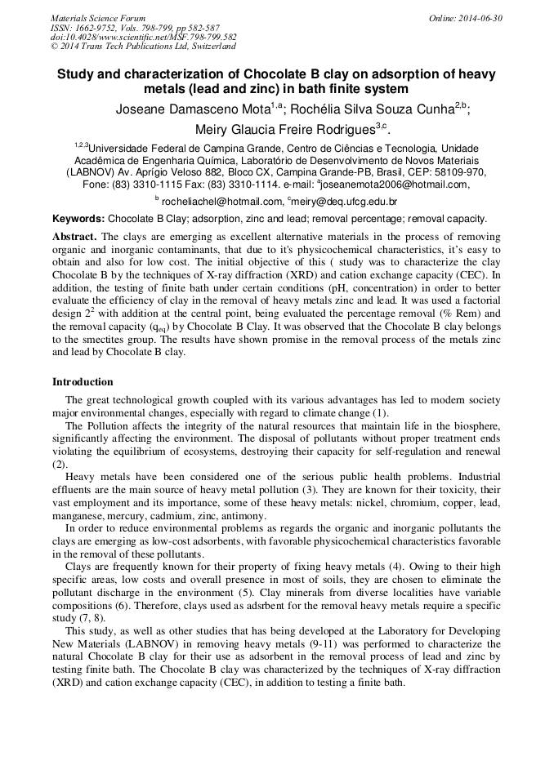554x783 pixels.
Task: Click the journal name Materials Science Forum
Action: (98, 18)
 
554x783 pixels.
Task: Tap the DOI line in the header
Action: (143, 37)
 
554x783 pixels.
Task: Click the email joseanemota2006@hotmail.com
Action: (395, 185)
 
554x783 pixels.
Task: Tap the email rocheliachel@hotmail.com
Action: (209, 201)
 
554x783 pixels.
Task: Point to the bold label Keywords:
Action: (78, 219)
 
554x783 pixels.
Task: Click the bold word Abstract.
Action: (74, 236)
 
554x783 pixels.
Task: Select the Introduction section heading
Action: (83, 382)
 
